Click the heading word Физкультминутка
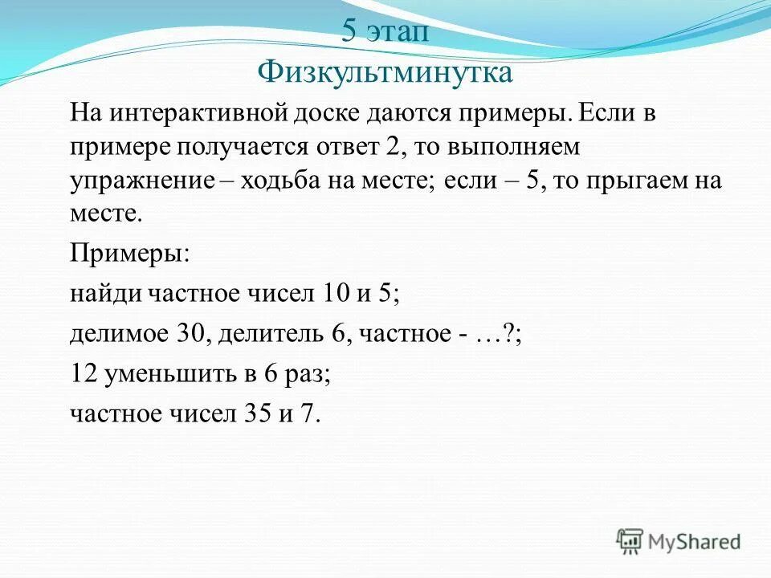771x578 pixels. tap(385, 72)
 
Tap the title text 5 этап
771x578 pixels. tap(385, 32)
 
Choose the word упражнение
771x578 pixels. tap(142, 180)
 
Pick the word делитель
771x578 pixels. tap(269, 333)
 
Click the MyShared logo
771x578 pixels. tap(679, 541)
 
